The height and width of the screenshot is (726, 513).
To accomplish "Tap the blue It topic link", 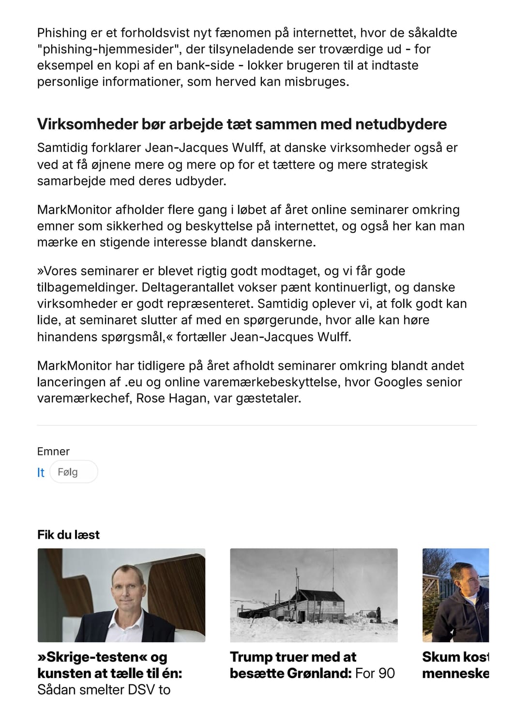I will (x=41, y=472).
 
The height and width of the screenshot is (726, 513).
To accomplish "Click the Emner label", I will (x=53, y=452).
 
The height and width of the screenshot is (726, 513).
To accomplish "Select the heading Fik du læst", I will (x=68, y=534).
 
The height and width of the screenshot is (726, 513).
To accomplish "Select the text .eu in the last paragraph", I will (x=134, y=382).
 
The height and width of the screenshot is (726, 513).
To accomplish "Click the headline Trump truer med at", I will (x=293, y=657).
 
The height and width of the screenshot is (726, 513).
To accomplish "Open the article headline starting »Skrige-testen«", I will (x=102, y=657).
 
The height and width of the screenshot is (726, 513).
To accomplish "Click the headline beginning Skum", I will (x=455, y=657).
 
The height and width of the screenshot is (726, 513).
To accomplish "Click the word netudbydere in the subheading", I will (x=401, y=124).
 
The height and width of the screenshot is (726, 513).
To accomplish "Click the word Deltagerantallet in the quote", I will (x=193, y=287).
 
